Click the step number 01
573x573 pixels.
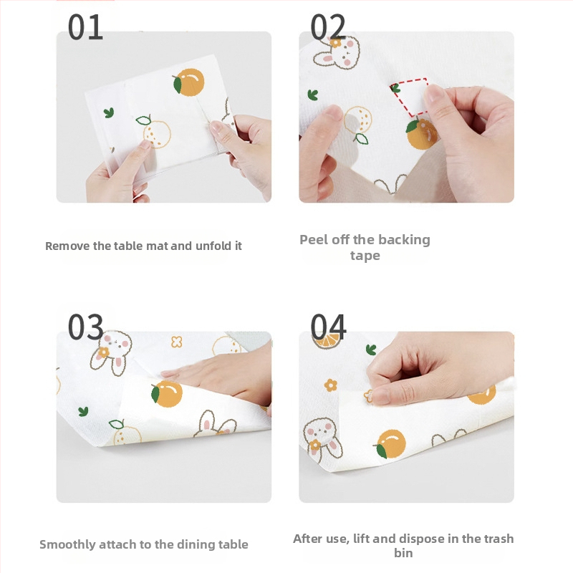85,27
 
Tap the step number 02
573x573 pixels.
328,27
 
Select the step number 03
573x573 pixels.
85,327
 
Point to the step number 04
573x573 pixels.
328,327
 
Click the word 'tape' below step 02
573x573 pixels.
365,256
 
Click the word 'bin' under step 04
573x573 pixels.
403,553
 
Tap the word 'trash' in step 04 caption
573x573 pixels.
499,539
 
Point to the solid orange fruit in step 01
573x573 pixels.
188,82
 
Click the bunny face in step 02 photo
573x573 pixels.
337,53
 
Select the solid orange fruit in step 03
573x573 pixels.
167,393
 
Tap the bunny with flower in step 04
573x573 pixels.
322,439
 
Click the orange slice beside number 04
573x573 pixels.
328,341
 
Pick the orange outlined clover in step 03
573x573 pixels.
176,342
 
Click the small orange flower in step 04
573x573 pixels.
330,385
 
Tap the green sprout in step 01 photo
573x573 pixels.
109,112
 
